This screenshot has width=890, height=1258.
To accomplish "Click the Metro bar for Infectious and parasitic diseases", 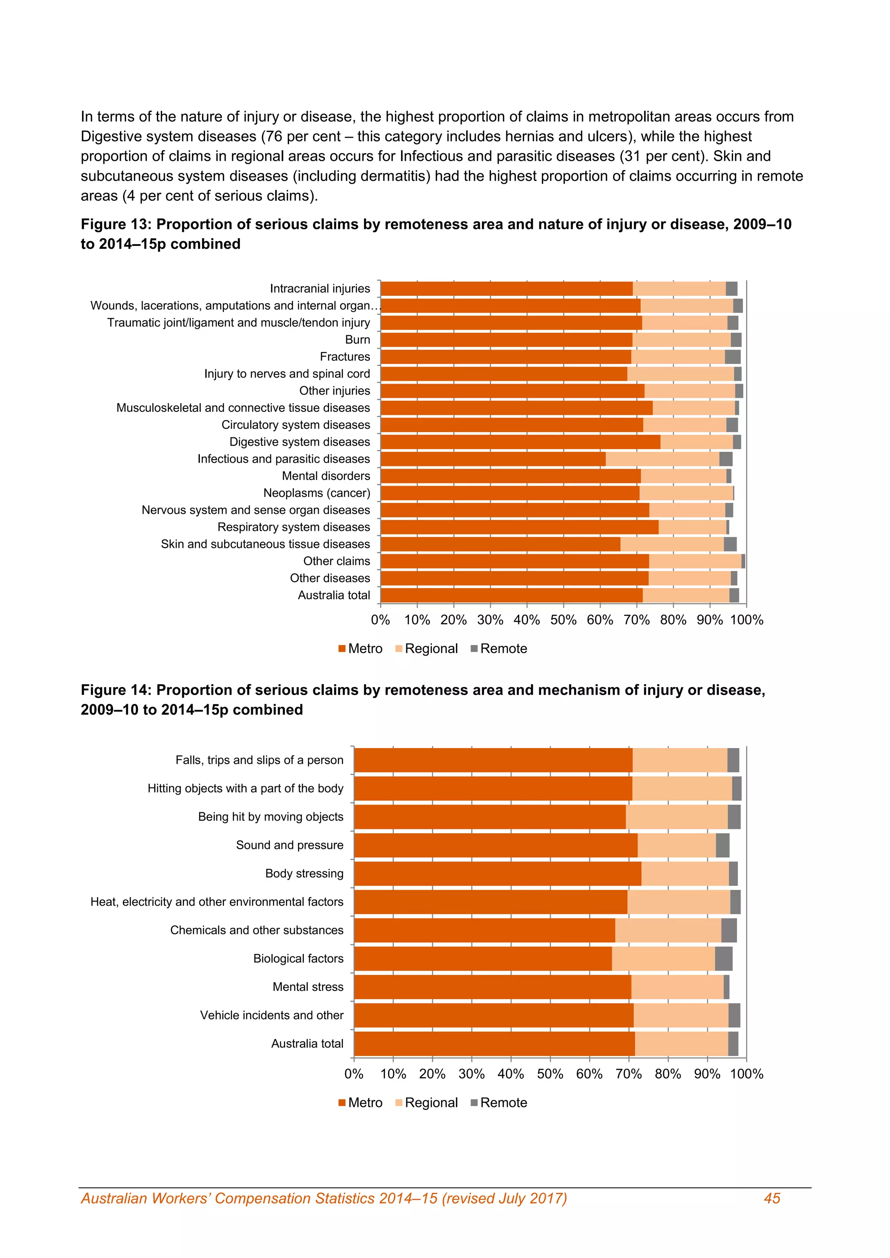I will (x=493, y=459).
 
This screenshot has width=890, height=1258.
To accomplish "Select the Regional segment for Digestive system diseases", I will (x=697, y=442).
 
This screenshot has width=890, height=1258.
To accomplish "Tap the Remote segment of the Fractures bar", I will (x=732, y=357).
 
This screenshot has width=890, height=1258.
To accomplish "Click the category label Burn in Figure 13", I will (x=357, y=340).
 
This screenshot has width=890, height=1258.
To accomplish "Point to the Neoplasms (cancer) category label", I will (x=317, y=493).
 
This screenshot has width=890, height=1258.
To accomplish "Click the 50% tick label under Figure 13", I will (x=563, y=620).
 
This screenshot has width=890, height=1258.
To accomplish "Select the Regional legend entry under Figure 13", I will (x=431, y=649).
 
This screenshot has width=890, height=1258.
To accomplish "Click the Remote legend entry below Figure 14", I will (x=503, y=1103).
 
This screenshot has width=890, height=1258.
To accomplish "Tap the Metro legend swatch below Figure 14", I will (x=342, y=1103).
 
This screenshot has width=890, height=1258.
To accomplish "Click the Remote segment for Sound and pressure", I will (x=722, y=845).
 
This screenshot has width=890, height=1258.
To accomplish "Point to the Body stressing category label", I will (x=304, y=874).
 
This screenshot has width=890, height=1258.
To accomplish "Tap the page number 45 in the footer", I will (x=772, y=1199).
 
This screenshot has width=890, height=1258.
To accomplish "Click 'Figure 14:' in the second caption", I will (x=116, y=690).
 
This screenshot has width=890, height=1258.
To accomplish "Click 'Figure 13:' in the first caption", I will (x=116, y=225).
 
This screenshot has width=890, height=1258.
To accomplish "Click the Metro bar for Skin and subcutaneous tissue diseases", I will (x=500, y=544).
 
